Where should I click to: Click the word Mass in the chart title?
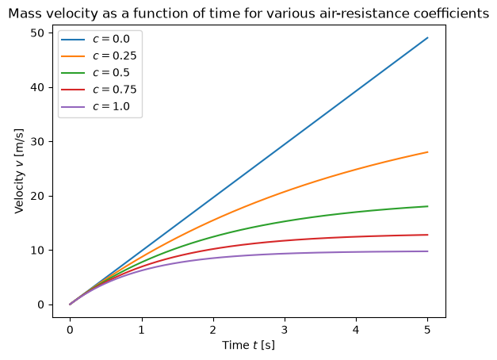[22, 13]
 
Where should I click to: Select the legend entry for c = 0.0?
[95, 39]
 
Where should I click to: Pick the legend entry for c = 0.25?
[98, 56]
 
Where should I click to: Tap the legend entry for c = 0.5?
[95, 73]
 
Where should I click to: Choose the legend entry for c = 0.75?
[98, 90]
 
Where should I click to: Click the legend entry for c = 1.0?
[95, 106]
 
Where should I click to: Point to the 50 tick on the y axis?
[37, 33]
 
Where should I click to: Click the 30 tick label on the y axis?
[37, 141]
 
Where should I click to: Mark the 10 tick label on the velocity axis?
[37, 251]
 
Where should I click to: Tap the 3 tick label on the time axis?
[285, 330]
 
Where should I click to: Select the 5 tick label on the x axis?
[427, 330]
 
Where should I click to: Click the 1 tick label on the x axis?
[142, 330]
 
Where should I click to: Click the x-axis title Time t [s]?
[249, 345]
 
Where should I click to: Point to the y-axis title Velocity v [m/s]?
[19, 171]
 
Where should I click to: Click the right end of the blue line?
[427, 38]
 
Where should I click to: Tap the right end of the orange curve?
[427, 152]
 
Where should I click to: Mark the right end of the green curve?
[427, 206]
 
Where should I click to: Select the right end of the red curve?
[427, 235]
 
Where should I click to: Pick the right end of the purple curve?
[427, 251]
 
